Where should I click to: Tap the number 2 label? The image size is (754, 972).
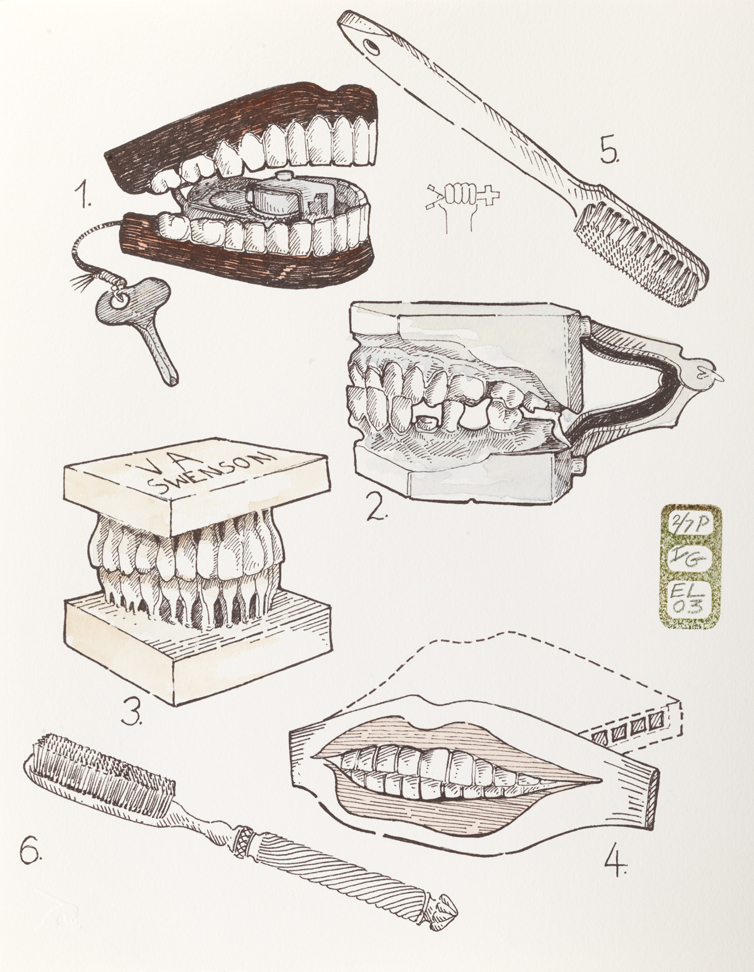tap(376, 508)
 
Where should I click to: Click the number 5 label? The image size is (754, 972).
tap(609, 150)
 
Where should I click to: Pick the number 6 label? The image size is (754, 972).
tap(32, 852)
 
